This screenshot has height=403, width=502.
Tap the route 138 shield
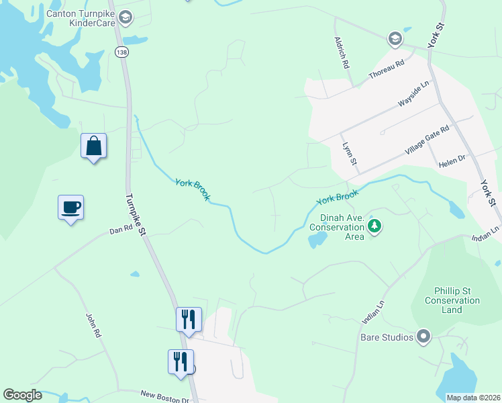(x=121, y=52)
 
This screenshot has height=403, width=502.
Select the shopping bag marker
(x=93, y=146)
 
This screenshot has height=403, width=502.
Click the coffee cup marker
(x=70, y=207)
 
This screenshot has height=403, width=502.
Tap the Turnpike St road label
(x=134, y=214)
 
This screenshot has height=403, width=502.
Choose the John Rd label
(x=93, y=325)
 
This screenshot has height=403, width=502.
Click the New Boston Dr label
(x=164, y=397)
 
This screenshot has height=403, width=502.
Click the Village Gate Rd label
(x=426, y=141)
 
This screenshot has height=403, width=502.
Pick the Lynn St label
(x=348, y=154)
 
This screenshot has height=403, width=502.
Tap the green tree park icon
(x=375, y=226)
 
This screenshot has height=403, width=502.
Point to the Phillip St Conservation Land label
(x=452, y=300)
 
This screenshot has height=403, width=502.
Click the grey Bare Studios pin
(x=423, y=336)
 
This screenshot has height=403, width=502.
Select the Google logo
(x=22, y=395)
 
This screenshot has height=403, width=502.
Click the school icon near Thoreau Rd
(x=395, y=39)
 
